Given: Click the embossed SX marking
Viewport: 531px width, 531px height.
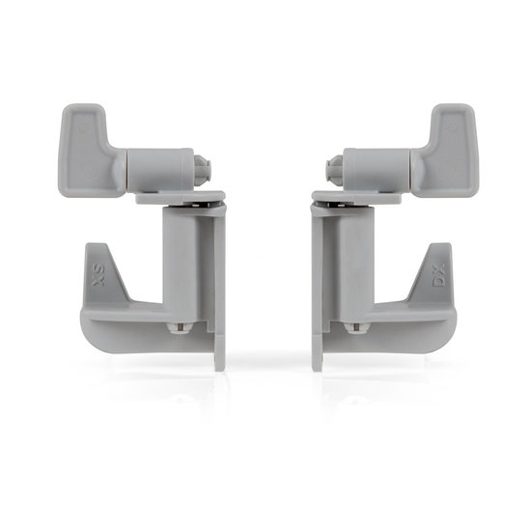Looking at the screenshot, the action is pyautogui.click(x=98, y=275).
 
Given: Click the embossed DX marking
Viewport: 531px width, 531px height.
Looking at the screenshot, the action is pyautogui.click(x=439, y=276).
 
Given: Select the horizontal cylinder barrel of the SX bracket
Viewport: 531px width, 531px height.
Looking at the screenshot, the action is pyautogui.click(x=160, y=169).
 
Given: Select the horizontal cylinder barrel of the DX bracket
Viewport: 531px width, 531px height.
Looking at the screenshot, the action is pyautogui.click(x=377, y=169).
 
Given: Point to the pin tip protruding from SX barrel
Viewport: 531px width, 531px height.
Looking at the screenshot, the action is pyautogui.click(x=203, y=169).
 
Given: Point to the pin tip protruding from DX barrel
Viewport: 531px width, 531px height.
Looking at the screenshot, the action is pyautogui.click(x=335, y=170).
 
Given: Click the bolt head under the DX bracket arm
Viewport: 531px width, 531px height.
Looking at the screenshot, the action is pyautogui.click(x=356, y=327).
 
